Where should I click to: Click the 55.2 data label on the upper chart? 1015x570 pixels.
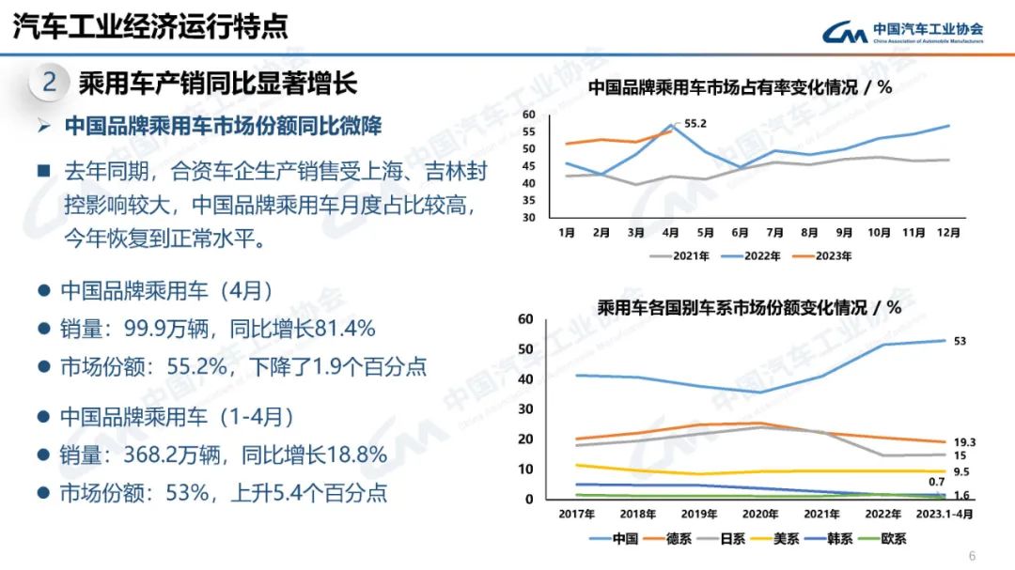(695, 123)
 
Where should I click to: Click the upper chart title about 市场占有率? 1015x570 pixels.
(739, 88)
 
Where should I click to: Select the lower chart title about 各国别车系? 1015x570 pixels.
(749, 307)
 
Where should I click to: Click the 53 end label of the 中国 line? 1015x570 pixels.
(960, 341)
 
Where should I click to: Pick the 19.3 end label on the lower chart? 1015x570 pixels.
(964, 441)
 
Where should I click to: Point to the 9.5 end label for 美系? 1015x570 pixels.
(962, 472)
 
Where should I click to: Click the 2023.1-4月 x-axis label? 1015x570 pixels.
(945, 514)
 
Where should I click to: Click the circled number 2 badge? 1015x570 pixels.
(50, 83)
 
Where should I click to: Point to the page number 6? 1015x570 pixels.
(972, 554)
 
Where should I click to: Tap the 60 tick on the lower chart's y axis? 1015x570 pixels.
(526, 319)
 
